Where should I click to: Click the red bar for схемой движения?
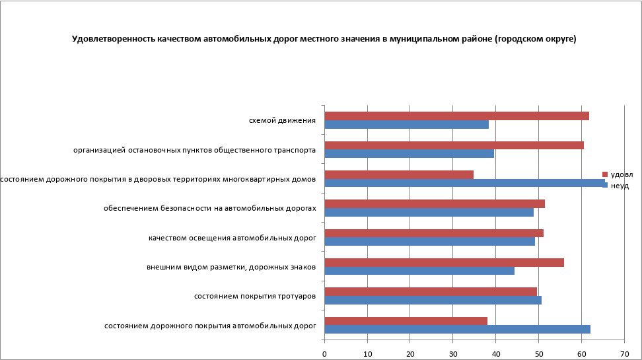pyautogui.click(x=456, y=116)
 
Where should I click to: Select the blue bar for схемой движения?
pyautogui.click(x=407, y=124)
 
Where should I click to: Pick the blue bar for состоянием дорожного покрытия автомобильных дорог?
pyautogui.click(x=457, y=329)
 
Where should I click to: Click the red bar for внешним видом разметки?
pyautogui.click(x=445, y=262)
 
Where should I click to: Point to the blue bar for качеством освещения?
pyautogui.click(x=429, y=242)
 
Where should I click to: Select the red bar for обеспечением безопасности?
pyautogui.click(x=435, y=203)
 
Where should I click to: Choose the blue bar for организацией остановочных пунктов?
pyautogui.click(x=410, y=153)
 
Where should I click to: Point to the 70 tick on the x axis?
pyautogui.click(x=624, y=353)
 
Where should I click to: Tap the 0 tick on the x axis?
pyautogui.click(x=324, y=353)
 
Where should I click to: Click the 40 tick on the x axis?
pyautogui.click(x=495, y=353)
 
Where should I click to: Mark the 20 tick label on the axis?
pyautogui.click(x=410, y=353)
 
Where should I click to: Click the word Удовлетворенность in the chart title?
pyautogui.click(x=113, y=39)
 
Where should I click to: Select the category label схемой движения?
pyautogui.click(x=282, y=120)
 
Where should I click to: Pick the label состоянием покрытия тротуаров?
pyautogui.click(x=254, y=296)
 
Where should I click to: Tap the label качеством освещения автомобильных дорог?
pyautogui.click(x=232, y=237)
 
